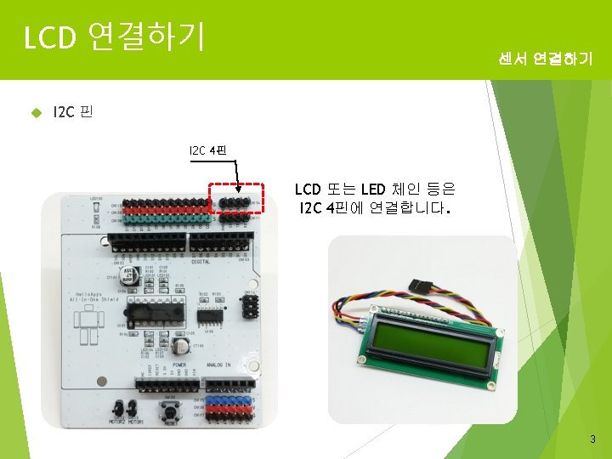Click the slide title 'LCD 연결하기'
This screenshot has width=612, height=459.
[x=114, y=37]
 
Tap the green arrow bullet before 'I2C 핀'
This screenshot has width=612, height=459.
[x=36, y=111]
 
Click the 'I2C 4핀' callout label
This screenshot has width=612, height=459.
[x=207, y=151]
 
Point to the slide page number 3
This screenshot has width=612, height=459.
[x=593, y=439]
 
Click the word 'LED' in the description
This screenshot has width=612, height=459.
[x=374, y=189]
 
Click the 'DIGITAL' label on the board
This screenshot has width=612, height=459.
[x=202, y=262]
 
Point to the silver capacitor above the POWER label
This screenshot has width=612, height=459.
[x=181, y=347]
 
